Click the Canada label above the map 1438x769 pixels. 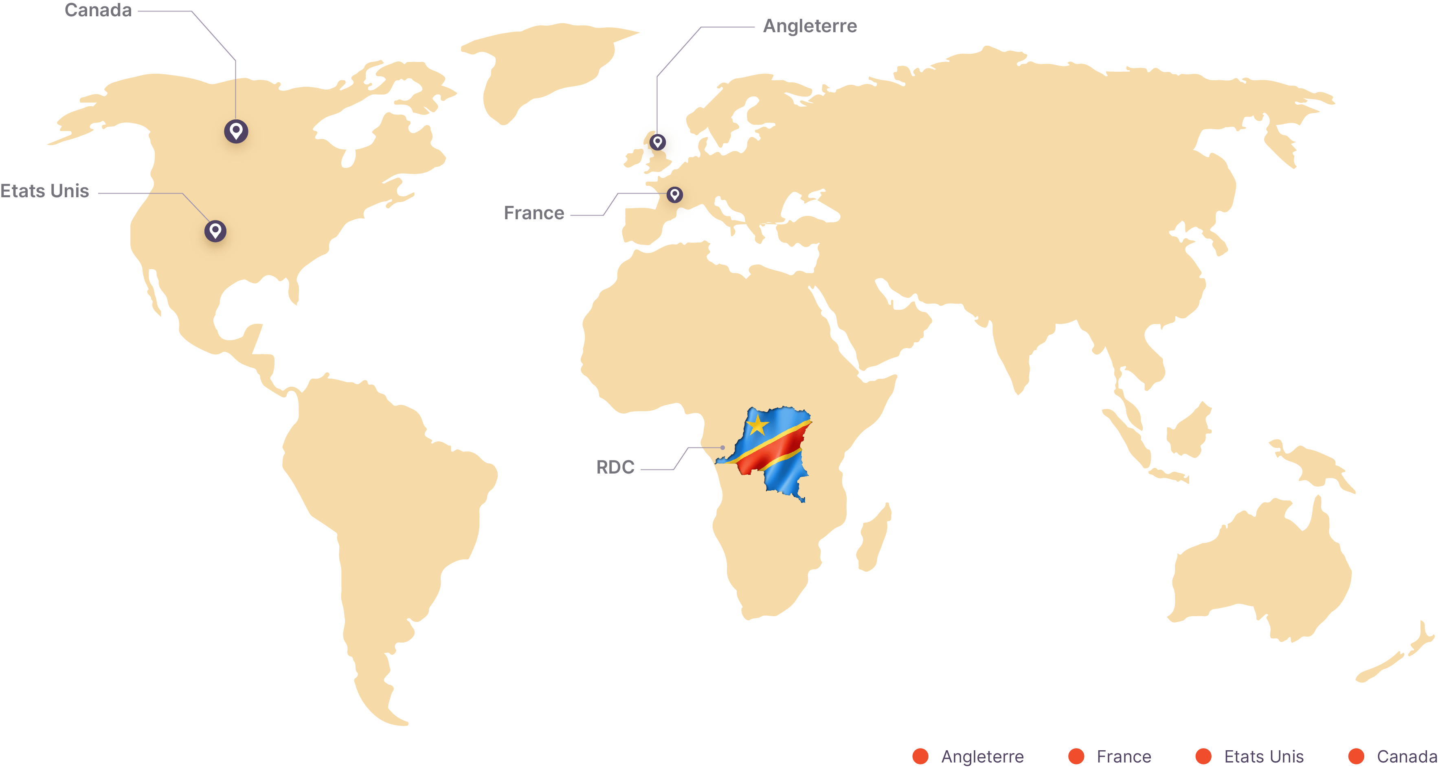[98, 11]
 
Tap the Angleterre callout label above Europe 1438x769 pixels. [810, 26]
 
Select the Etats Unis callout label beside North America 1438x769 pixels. [45, 191]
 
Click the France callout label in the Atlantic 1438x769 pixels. [533, 213]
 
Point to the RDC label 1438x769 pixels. [615, 467]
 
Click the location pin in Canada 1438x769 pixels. [236, 131]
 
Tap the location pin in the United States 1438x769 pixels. [215, 231]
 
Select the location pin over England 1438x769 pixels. [658, 142]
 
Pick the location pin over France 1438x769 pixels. [675, 194]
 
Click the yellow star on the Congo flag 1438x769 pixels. [757, 425]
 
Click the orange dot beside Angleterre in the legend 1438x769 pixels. [920, 756]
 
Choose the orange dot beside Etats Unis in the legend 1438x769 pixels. [1203, 756]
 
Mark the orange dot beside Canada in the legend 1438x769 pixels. [1357, 756]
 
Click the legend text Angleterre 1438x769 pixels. [982, 757]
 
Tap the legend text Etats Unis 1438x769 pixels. [1264, 757]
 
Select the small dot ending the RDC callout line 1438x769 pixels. [722, 447]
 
